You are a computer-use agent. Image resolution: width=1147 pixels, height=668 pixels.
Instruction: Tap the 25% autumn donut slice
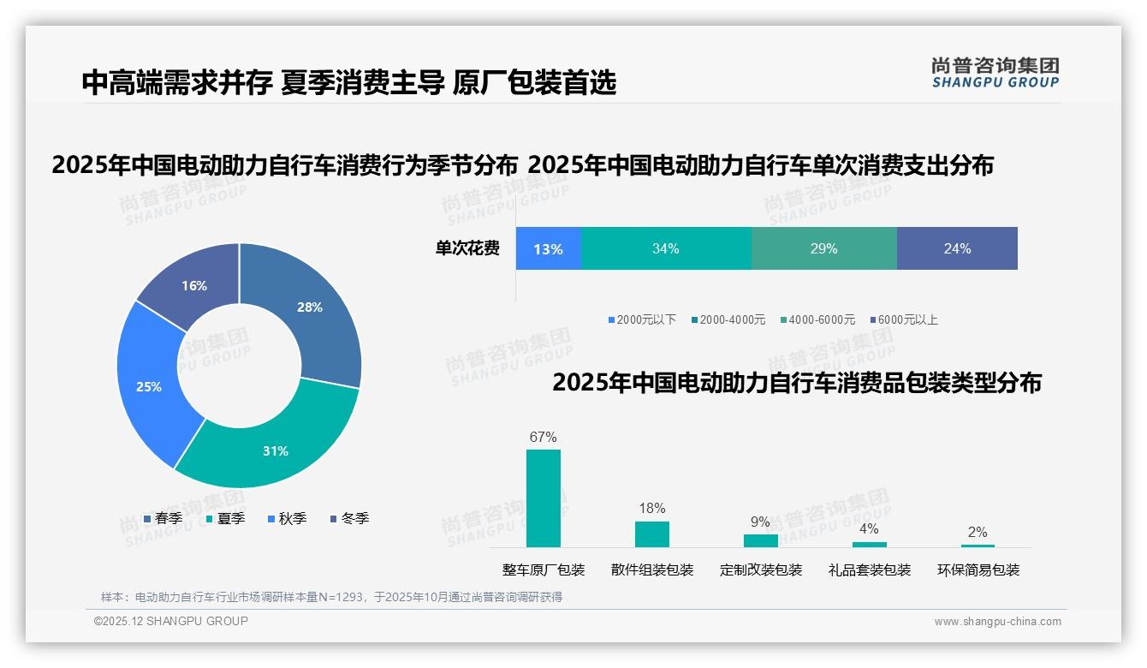pos(150,385)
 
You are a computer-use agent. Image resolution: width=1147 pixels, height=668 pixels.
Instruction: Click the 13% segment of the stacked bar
pos(548,248)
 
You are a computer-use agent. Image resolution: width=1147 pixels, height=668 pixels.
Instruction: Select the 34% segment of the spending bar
pos(666,248)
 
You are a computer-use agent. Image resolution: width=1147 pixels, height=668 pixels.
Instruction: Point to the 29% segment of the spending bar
pos(823,248)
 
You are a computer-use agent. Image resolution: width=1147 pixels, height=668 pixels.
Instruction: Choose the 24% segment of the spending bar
pos(957,248)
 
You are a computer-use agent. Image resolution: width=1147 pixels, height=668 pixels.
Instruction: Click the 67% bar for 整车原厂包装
pos(544,498)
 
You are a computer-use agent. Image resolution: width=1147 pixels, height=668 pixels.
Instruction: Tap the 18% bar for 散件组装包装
pos(652,534)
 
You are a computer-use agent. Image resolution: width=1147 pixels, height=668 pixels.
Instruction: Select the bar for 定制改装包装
pos(761,540)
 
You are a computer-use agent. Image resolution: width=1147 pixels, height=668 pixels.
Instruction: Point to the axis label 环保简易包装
pos(978,570)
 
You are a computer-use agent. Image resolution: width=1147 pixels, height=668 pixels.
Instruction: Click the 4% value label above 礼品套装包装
pos(869,528)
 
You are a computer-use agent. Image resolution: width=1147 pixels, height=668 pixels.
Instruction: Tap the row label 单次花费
pos(467,248)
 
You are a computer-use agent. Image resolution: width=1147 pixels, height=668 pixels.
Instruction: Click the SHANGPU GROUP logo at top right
pos(995,73)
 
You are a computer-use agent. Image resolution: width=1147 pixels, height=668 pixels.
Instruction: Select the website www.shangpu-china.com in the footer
pos(997,622)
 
